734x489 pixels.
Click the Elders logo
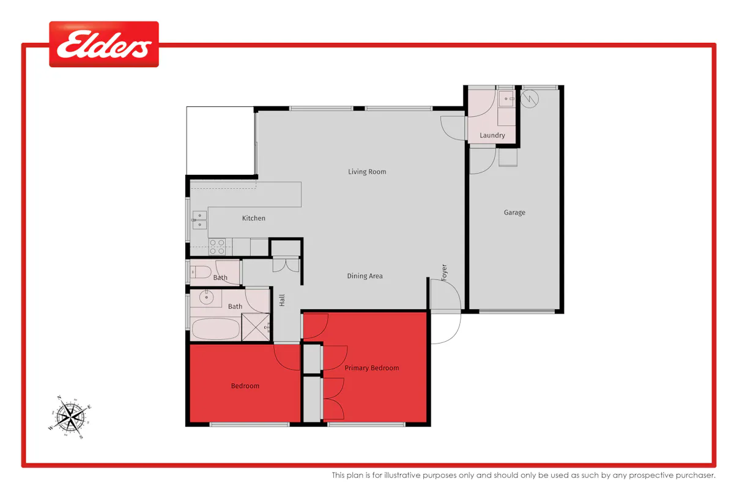pyautogui.click(x=104, y=44)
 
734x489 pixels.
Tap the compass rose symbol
pyautogui.click(x=70, y=417)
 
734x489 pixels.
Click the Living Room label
pyautogui.click(x=367, y=172)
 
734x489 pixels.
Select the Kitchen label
pyautogui.click(x=254, y=218)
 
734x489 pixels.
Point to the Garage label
pyautogui.click(x=514, y=213)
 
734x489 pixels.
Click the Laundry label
pyautogui.click(x=492, y=135)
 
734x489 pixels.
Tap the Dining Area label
pyautogui.click(x=365, y=276)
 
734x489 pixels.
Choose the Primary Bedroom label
pyautogui.click(x=372, y=368)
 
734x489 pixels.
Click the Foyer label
pyautogui.click(x=444, y=273)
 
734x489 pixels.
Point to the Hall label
pyautogui.click(x=282, y=300)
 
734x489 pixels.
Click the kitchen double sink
pyautogui.click(x=199, y=220)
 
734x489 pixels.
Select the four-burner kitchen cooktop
pyautogui.click(x=217, y=247)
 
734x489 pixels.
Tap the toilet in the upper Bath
pyautogui.click(x=201, y=272)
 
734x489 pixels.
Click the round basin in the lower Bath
pyautogui.click(x=207, y=298)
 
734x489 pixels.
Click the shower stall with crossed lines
pyautogui.click(x=256, y=327)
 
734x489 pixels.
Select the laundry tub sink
pyautogui.click(x=506, y=98)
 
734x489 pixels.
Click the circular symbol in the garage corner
pyautogui.click(x=529, y=98)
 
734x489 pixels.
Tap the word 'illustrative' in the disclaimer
pyautogui.click(x=402, y=475)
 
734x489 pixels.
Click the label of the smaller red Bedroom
pyautogui.click(x=245, y=386)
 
